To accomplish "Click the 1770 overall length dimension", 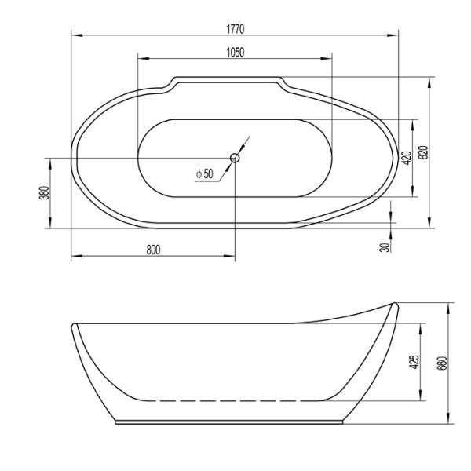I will tap(235, 28).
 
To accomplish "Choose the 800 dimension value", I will tap(153, 250).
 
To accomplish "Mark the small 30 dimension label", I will tap(384, 246).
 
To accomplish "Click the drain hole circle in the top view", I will tap(235, 158).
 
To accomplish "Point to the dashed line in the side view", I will tap(235, 400).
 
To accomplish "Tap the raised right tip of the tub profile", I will tap(393, 304).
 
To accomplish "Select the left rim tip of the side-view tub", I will tap(75, 326).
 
